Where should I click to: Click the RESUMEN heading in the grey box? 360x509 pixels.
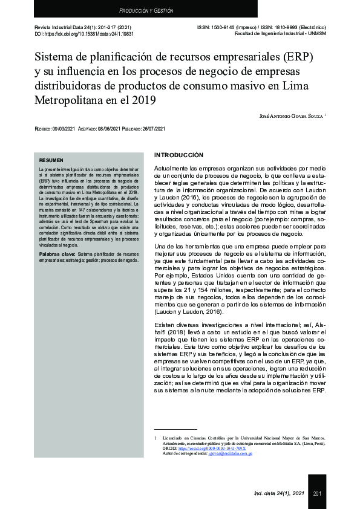[x=51, y=160]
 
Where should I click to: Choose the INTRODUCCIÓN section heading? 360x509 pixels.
[x=178, y=155]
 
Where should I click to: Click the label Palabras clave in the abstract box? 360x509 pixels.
[x=57, y=254]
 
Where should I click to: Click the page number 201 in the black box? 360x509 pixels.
[x=317, y=494]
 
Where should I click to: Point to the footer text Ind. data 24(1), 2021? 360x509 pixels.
[x=279, y=494]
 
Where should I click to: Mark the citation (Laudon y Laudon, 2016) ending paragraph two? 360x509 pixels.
[x=188, y=312]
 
